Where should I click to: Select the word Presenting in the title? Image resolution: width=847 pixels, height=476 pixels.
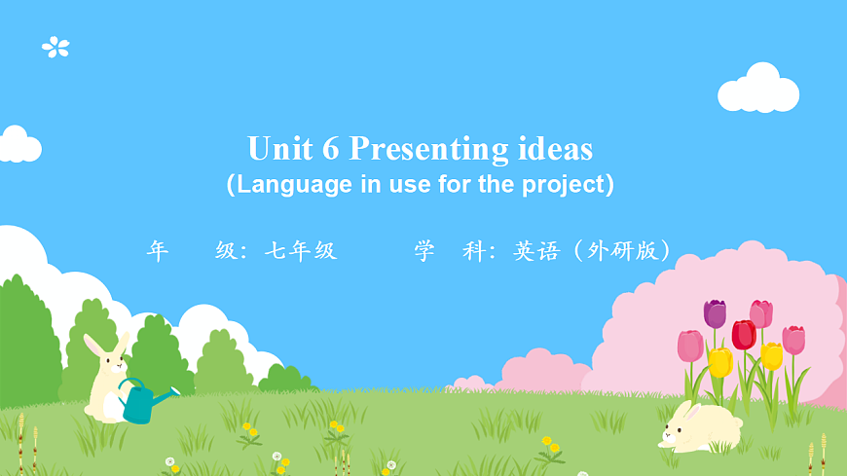pyautogui.click(x=427, y=150)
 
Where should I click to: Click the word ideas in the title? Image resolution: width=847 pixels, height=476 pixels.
pyautogui.click(x=553, y=149)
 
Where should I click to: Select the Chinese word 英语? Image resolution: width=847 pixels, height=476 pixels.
pyautogui.click(x=536, y=251)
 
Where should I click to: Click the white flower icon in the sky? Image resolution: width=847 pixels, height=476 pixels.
pyautogui.click(x=55, y=47)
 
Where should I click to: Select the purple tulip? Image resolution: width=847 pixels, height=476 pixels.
pyautogui.click(x=715, y=313)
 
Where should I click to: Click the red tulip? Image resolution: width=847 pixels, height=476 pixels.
pyautogui.click(x=744, y=335)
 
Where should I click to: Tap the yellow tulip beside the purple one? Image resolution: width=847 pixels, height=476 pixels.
pyautogui.click(x=720, y=362)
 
